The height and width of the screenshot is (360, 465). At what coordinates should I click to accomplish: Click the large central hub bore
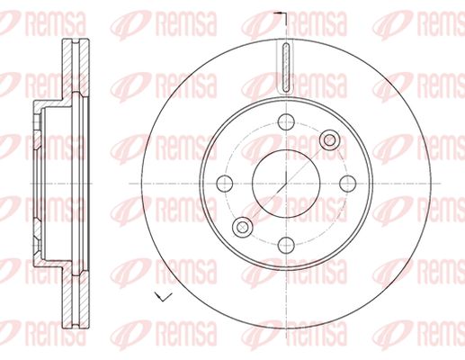(x=286, y=183)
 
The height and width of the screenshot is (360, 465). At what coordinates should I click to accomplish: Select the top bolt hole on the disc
(x=286, y=121)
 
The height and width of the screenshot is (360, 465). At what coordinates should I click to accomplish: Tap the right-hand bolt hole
(x=348, y=183)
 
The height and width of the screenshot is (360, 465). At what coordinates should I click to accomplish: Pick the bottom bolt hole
(x=286, y=245)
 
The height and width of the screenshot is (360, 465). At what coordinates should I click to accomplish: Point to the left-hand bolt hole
(x=225, y=183)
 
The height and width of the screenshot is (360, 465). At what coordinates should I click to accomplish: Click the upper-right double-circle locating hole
(x=329, y=139)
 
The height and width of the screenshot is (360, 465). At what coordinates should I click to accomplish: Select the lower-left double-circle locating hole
(x=243, y=227)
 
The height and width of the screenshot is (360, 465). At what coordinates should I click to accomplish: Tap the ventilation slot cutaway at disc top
(x=286, y=67)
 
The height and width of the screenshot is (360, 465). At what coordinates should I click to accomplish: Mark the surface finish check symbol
(x=163, y=296)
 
